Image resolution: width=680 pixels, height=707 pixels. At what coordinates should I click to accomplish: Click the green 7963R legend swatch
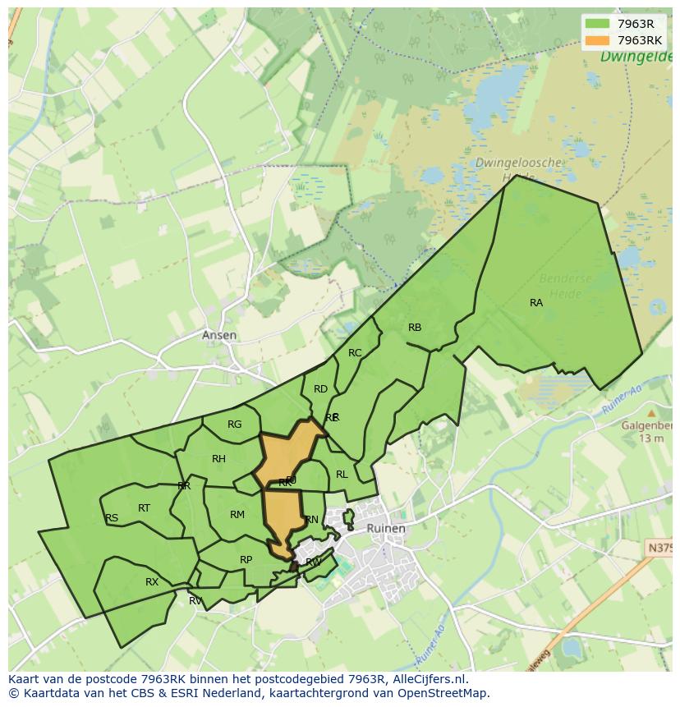(597, 24)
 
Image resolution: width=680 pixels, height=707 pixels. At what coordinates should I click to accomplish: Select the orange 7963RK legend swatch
(597, 40)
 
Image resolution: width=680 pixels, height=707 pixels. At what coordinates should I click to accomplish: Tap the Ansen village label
(219, 335)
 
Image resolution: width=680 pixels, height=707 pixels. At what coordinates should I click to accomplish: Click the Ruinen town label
(386, 529)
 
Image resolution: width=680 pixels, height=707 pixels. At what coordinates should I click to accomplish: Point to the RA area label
(536, 303)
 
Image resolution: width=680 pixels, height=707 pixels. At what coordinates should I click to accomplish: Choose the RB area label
(415, 328)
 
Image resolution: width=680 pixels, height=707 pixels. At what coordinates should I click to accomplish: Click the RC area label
(355, 353)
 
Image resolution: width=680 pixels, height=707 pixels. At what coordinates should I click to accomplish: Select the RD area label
(320, 389)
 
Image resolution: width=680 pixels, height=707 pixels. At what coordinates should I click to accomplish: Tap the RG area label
(235, 425)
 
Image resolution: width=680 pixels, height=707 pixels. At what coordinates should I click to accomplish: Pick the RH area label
(218, 459)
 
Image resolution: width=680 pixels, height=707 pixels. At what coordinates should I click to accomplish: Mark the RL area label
(342, 475)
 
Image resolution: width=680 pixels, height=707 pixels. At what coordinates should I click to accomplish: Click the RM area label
(237, 515)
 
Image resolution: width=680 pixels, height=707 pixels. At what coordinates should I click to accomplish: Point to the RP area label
(246, 560)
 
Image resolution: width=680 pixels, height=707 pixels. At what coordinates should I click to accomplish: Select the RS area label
(112, 518)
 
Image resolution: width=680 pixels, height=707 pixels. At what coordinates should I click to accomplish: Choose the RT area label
(144, 508)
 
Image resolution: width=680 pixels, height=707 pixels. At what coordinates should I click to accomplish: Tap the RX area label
(152, 582)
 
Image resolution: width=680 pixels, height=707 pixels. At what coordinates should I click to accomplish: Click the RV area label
(195, 601)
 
